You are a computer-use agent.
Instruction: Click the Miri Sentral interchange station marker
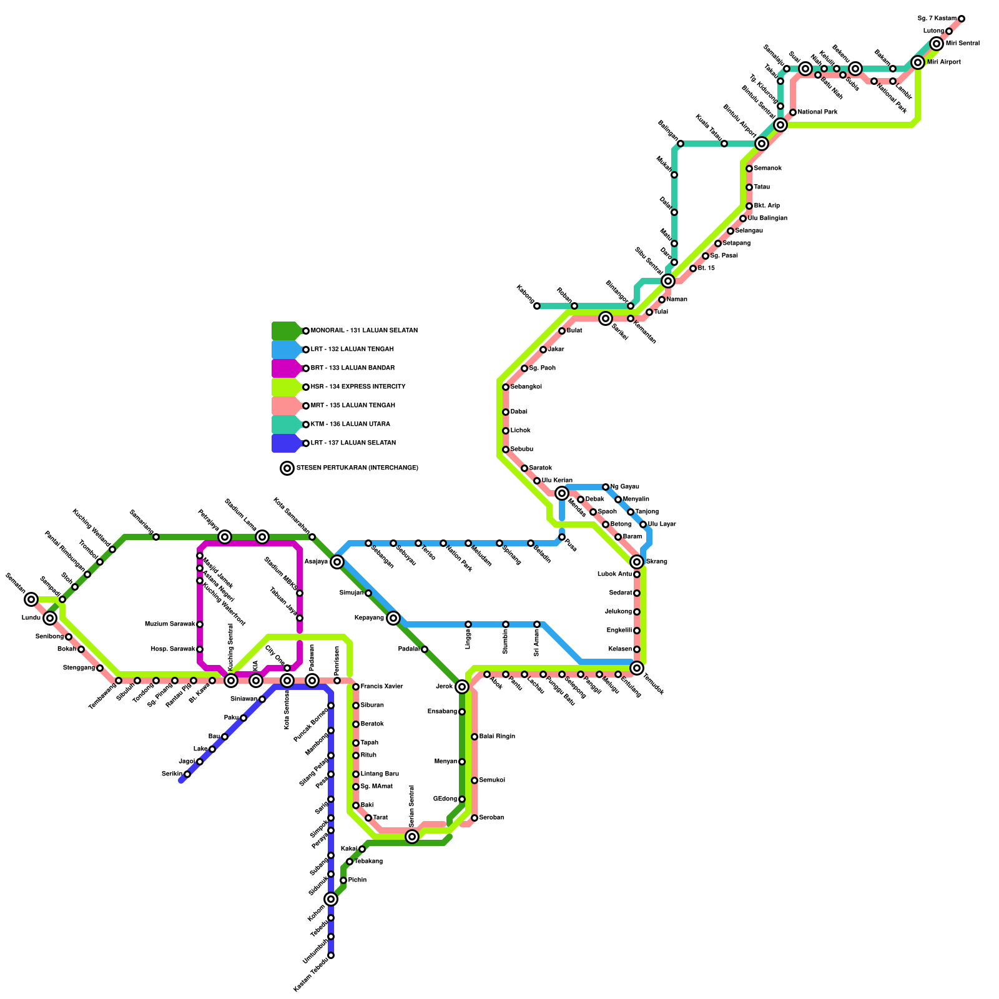point(936,44)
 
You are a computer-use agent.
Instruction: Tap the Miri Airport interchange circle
point(917,62)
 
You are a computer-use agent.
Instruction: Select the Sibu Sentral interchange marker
point(667,281)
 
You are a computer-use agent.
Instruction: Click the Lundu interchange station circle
point(50,618)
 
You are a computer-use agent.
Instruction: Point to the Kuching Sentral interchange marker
point(231,681)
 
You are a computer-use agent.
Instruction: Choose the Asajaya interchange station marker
point(337,562)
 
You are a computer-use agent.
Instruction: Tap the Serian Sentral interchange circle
point(412,837)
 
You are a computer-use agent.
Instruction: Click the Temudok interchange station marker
point(637,668)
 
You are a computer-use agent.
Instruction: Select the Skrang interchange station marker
point(637,562)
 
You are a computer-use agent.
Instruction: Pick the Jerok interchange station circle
point(462,687)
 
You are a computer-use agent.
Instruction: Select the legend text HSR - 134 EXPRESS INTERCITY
point(358,387)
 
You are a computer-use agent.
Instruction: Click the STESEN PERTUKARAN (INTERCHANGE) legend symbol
point(287,468)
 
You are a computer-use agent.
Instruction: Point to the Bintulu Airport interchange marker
point(761,144)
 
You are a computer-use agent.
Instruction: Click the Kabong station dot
point(537,306)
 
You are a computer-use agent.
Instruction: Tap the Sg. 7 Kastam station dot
point(962,19)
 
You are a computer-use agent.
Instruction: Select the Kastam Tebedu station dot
point(331,955)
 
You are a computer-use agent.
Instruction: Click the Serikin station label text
point(172,774)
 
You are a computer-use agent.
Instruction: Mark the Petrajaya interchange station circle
point(225,537)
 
